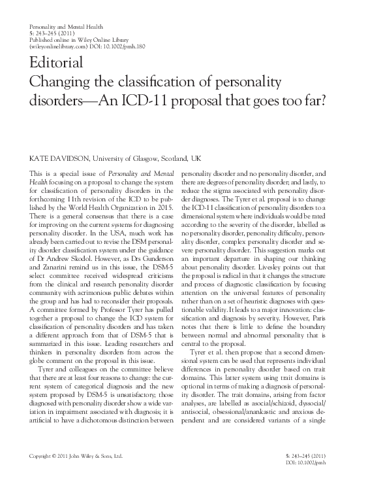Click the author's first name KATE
(x=35, y=159)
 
